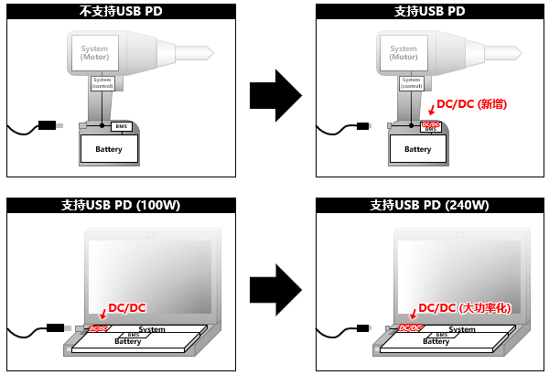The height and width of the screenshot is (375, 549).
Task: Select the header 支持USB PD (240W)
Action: (x=429, y=205)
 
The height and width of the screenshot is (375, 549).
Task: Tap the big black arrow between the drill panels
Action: (x=275, y=94)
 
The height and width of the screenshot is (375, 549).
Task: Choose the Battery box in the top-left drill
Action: (x=109, y=148)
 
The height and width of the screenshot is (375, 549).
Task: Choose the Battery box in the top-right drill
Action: (x=417, y=148)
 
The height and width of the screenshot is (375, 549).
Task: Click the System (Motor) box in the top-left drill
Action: (x=95, y=54)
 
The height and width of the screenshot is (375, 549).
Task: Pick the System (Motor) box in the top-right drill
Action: (x=404, y=54)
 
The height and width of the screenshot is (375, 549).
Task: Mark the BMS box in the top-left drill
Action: (x=122, y=125)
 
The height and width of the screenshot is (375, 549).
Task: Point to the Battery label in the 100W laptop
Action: (x=128, y=341)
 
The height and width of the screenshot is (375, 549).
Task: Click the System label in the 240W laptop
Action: (x=461, y=329)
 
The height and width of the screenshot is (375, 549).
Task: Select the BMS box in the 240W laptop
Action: (x=442, y=336)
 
